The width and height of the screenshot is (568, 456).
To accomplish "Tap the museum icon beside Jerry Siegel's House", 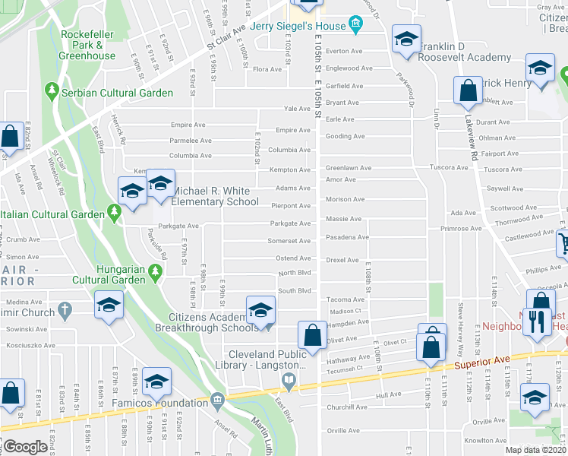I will [x=355, y=27].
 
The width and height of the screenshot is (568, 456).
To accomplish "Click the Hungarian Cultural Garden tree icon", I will [x=156, y=271].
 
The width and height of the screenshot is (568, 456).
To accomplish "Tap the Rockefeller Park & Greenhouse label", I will [x=87, y=45].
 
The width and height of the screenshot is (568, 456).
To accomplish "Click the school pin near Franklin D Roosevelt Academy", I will [x=406, y=40].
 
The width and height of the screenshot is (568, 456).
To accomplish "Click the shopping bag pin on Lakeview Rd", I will [x=468, y=90].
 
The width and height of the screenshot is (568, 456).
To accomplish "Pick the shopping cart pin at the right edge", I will [x=563, y=243].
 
